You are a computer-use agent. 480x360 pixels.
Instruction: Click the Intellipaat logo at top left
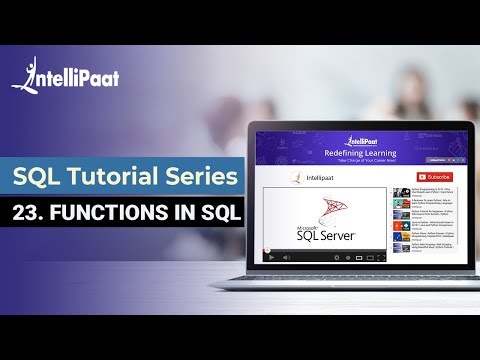coord(59,74)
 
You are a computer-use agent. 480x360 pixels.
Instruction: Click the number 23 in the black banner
coord(32,215)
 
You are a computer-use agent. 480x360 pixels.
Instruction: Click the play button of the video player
coord(269,256)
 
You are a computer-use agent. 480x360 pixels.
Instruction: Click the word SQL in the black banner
coord(218,215)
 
